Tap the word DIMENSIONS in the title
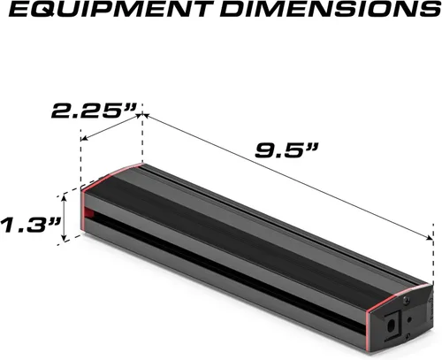(330, 9)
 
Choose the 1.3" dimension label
(30, 226)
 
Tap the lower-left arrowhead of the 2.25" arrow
(85, 138)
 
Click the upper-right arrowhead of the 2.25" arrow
(139, 117)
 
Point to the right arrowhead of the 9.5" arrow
(429, 237)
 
